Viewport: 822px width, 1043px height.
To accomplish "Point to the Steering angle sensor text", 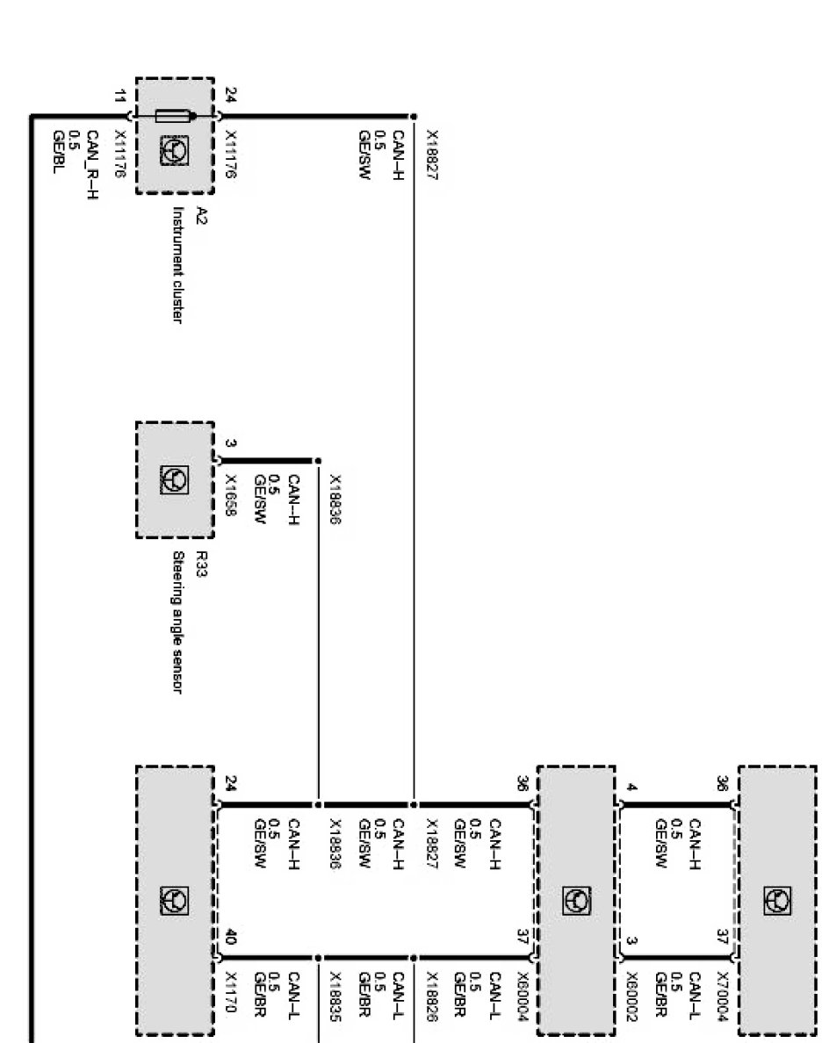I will click(x=177, y=622).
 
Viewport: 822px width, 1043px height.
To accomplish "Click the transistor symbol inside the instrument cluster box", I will click(x=173, y=150).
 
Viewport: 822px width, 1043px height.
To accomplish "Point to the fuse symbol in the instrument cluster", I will click(x=173, y=116).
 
